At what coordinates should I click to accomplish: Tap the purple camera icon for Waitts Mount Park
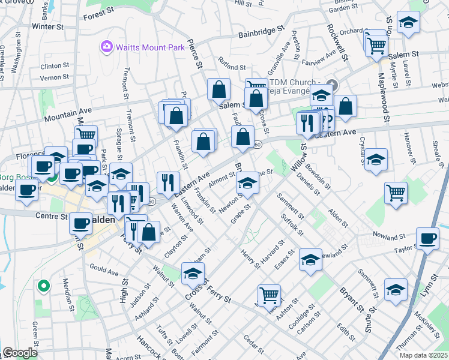pyautogui.click(x=107, y=46)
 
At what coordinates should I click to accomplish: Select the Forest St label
pyautogui.click(x=99, y=14)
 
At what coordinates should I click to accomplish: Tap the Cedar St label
pyautogui.click(x=254, y=346)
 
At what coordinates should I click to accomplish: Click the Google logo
pyautogui.click(x=20, y=353)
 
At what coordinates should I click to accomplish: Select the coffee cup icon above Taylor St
pyautogui.click(x=427, y=238)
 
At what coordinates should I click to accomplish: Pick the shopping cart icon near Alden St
pyautogui.click(x=396, y=193)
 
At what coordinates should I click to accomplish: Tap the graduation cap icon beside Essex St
pyautogui.click(x=310, y=259)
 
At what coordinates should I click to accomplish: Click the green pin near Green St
pyautogui.click(x=43, y=287)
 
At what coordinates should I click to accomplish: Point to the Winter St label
pyautogui.click(x=48, y=27)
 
